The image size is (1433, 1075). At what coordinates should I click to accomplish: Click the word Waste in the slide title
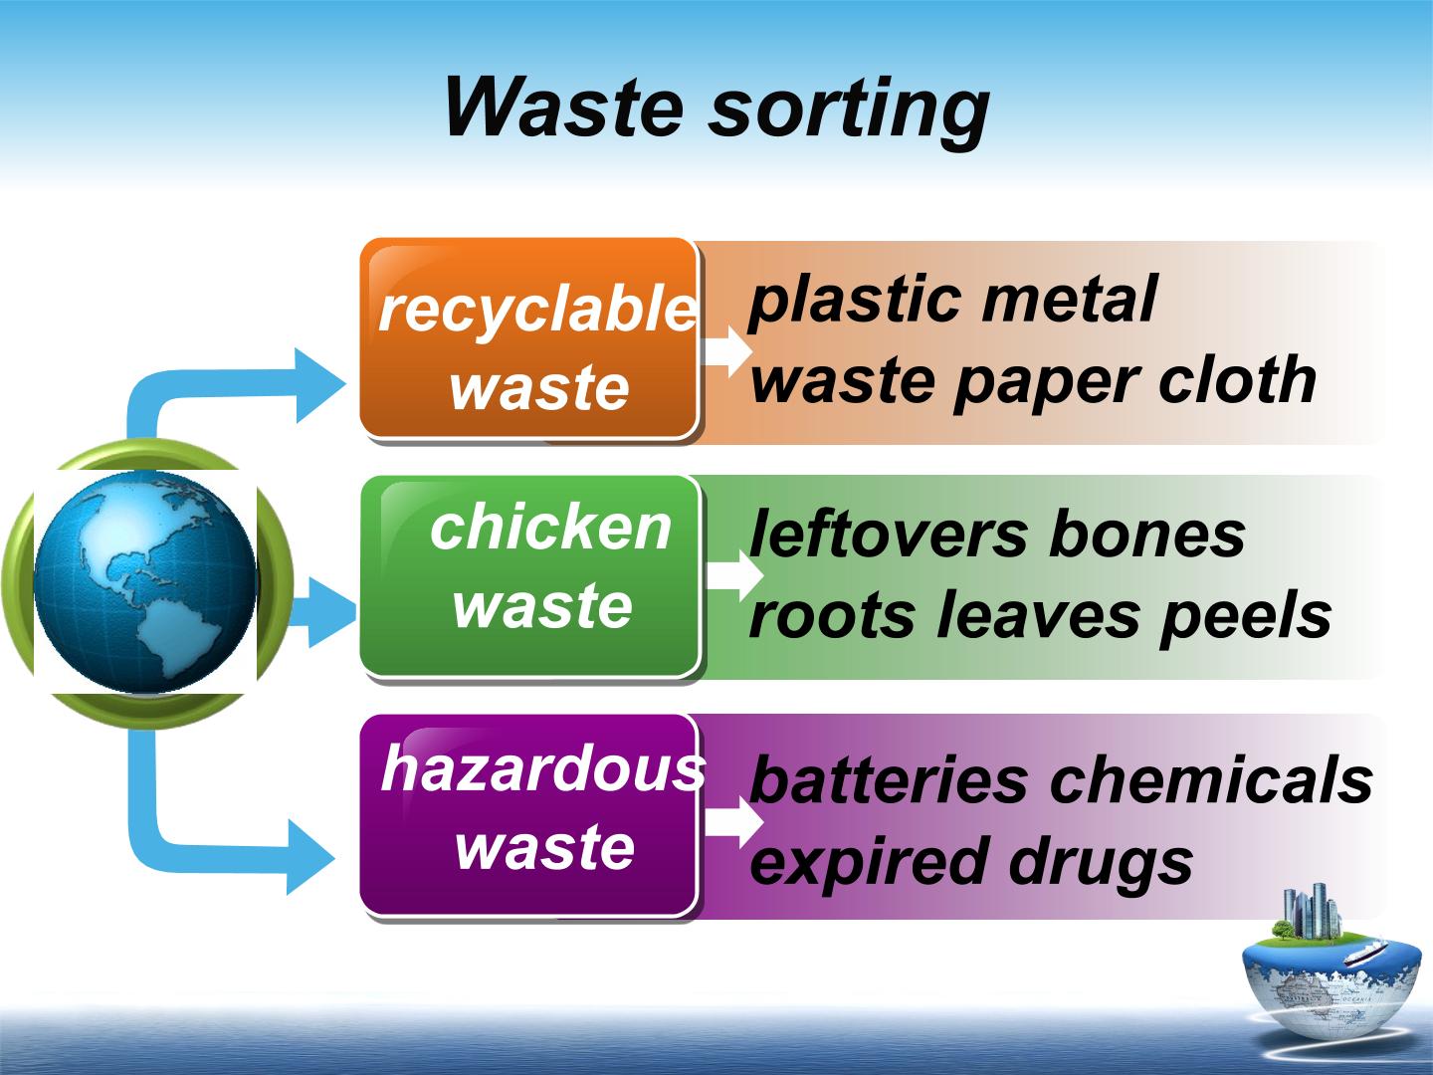point(564,107)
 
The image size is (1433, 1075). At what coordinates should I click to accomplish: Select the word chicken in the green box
point(550,528)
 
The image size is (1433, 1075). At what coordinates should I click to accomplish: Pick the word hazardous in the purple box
point(542,768)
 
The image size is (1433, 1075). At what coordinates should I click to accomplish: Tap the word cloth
point(1237,379)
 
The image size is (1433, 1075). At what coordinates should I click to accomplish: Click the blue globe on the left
point(145,581)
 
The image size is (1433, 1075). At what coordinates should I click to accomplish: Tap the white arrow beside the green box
point(734,575)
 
